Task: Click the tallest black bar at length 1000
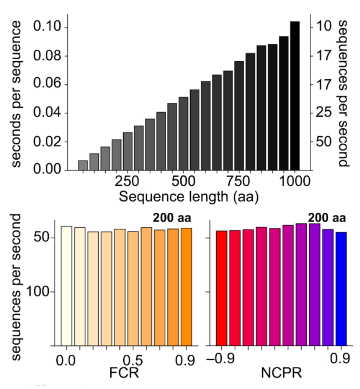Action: pyautogui.click(x=295, y=95)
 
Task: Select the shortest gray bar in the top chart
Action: pyautogui.click(x=83, y=165)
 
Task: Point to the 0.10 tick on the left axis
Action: pyautogui.click(x=48, y=27)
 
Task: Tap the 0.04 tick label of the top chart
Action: pyautogui.click(x=48, y=113)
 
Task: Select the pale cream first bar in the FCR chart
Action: pyautogui.click(x=66, y=285)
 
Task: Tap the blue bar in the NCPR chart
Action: pyautogui.click(x=341, y=288)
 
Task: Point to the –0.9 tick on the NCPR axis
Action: pyautogui.click(x=220, y=359)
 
